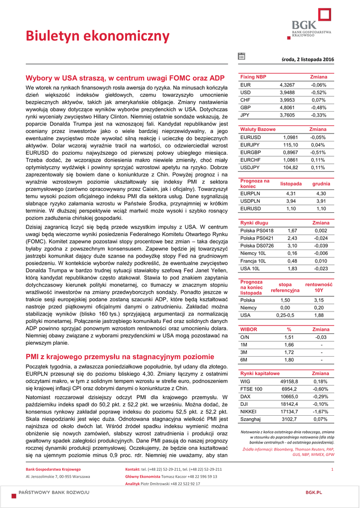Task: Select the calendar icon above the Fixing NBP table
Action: pyautogui.click(x=241, y=57)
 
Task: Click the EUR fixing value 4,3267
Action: pyautogui.click(x=287, y=85)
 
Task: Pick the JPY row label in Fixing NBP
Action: pyautogui.click(x=245, y=115)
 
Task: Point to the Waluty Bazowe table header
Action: pyautogui.click(x=258, y=129)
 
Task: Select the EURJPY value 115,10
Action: pyautogui.click(x=290, y=144)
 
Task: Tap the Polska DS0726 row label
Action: pyautogui.click(x=257, y=246)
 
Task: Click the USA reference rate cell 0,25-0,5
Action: pyautogui.click(x=285, y=315)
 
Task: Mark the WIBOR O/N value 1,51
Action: pyautogui.click(x=289, y=337)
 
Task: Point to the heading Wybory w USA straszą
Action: pyautogui.click(x=125, y=78)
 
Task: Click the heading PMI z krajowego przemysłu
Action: pyautogui.click(x=120, y=356)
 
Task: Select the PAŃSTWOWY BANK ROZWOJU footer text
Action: pyautogui.click(x=54, y=492)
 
